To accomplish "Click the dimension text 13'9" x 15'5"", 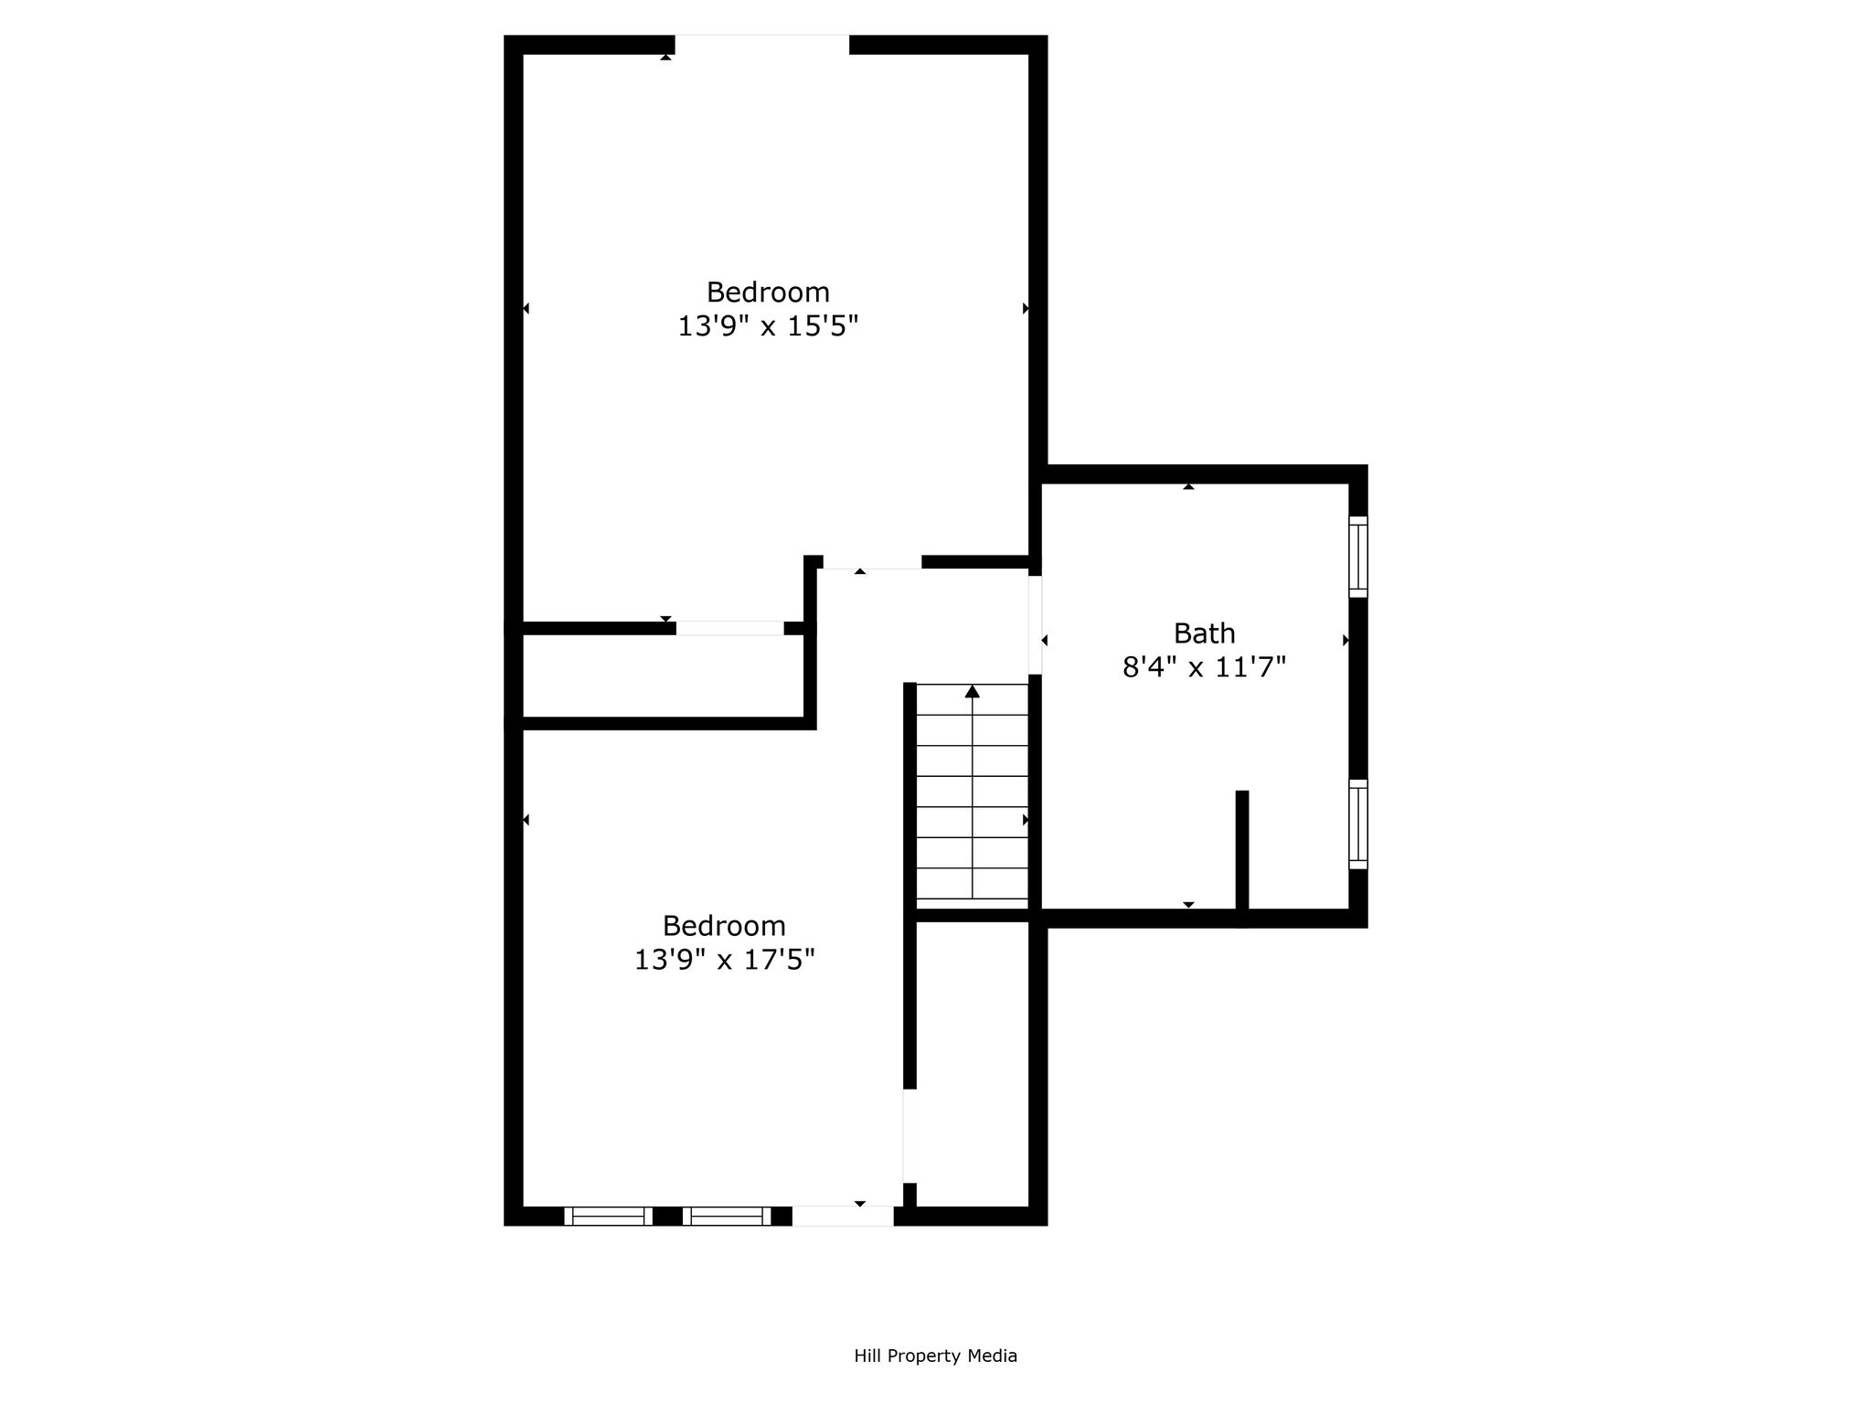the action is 768,326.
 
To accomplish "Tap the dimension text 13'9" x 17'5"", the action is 725,960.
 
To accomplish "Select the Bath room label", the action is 1205,633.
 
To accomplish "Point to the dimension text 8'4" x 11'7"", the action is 1204,667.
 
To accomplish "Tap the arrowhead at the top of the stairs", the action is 973,691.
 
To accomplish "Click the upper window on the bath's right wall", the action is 1358,557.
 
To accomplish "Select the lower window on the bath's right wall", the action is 1358,824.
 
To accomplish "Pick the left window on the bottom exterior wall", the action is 608,1216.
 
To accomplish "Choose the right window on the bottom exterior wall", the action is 727,1216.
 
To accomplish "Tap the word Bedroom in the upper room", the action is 768,292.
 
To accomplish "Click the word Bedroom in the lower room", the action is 724,926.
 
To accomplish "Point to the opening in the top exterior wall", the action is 762,45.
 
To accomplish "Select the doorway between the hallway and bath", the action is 1036,625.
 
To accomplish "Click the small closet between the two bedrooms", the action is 663,675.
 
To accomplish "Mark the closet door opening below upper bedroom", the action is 730,628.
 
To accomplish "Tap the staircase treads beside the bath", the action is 973,792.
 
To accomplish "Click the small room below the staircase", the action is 973,1064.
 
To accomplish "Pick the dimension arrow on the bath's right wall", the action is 1345,641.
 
